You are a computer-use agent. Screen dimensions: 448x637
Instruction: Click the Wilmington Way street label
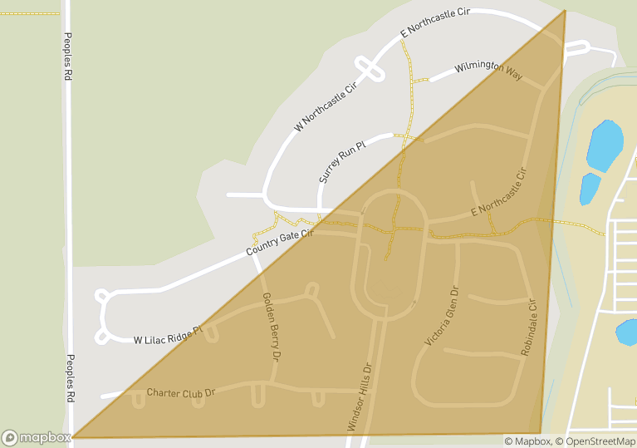pyautogui.click(x=488, y=71)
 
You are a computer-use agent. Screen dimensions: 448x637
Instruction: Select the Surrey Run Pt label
pyautogui.click(x=342, y=162)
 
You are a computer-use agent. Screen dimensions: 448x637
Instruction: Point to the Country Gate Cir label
pyautogui.click(x=279, y=243)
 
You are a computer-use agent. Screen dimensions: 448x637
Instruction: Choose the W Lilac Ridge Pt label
pyautogui.click(x=168, y=336)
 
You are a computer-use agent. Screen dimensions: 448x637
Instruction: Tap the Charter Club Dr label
pyautogui.click(x=180, y=391)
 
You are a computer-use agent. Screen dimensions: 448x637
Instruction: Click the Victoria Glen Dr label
pyautogui.click(x=441, y=317)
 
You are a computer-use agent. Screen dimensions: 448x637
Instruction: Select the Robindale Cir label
pyautogui.click(x=529, y=330)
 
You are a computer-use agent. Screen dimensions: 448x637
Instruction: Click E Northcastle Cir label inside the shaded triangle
pyautogui.click(x=498, y=194)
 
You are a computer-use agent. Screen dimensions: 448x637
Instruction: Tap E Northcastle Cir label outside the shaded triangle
pyautogui.click(x=435, y=22)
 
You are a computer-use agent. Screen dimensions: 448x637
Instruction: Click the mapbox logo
pyautogui.click(x=37, y=437)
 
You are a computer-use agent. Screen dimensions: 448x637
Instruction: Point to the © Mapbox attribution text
pyautogui.click(x=527, y=441)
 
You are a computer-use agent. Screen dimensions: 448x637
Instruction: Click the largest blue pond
pyautogui.click(x=605, y=145)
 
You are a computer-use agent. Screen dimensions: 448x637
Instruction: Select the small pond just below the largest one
pyautogui.click(x=590, y=189)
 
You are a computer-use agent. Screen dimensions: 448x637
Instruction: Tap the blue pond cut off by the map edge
pyautogui.click(x=628, y=333)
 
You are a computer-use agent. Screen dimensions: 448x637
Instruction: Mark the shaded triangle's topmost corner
pyautogui.click(x=565, y=11)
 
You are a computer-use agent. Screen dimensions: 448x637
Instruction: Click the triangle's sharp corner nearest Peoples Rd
pyautogui.click(x=74, y=436)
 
